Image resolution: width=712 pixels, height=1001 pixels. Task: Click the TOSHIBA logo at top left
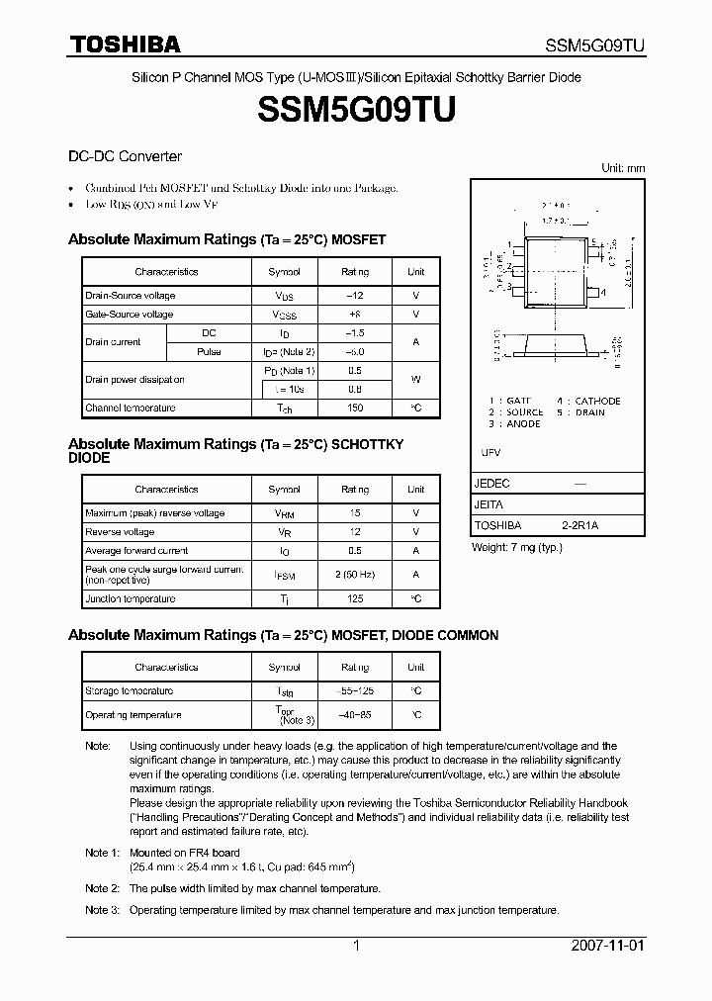(125, 44)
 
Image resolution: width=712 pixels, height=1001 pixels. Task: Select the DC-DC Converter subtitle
(125, 156)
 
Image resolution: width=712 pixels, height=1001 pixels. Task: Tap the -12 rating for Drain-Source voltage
(355, 296)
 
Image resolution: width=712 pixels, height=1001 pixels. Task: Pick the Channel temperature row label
(131, 408)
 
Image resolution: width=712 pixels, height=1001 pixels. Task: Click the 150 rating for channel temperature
(355, 408)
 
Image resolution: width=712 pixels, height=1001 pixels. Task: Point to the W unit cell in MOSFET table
(415, 379)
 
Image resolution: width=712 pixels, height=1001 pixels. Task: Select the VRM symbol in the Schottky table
(285, 513)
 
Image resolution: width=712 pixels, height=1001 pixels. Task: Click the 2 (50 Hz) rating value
(355, 574)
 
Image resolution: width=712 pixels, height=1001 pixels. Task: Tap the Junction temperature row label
(131, 598)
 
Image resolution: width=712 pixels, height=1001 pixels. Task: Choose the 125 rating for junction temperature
(355, 598)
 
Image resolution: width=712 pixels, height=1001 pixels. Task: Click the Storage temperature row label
(130, 690)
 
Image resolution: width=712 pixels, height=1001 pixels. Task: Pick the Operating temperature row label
(133, 714)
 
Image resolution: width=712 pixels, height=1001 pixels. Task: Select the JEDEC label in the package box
(492, 484)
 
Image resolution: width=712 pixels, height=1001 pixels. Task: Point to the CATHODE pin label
(597, 401)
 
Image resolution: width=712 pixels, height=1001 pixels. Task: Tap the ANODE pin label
(523, 423)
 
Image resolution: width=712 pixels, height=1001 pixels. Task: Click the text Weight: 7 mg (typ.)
(516, 547)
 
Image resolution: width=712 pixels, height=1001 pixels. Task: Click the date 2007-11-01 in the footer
(607, 946)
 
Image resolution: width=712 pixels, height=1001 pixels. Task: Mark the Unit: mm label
(623, 168)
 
